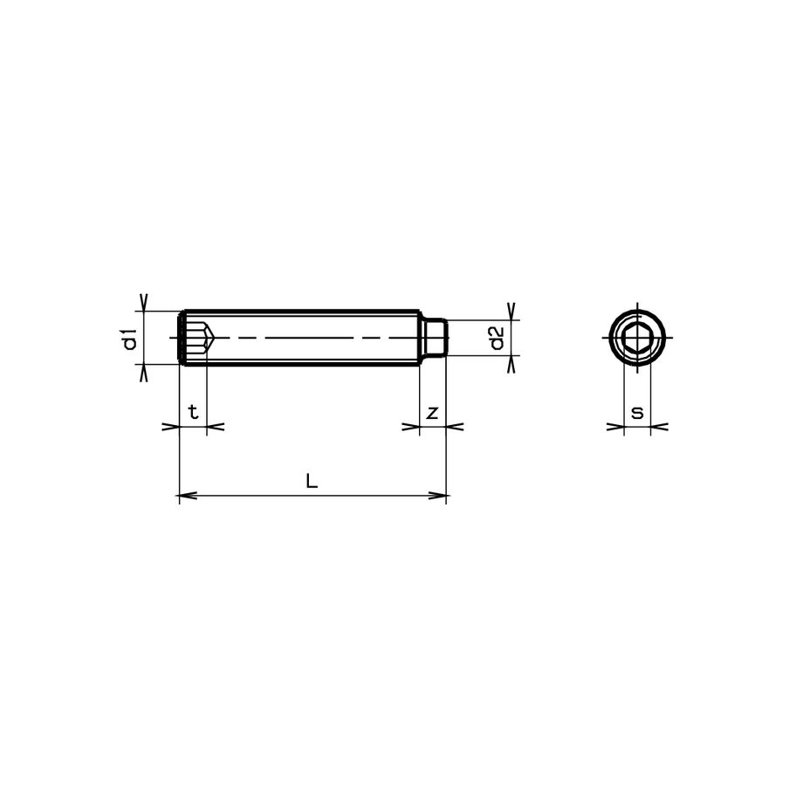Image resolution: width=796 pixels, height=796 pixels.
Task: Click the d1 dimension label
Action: (129, 338)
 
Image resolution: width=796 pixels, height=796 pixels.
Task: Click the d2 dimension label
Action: (495, 338)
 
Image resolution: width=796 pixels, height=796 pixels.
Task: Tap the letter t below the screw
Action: (193, 412)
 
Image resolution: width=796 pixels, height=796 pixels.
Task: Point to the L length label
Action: (312, 480)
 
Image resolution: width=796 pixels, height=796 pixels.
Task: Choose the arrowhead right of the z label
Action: (454, 427)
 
